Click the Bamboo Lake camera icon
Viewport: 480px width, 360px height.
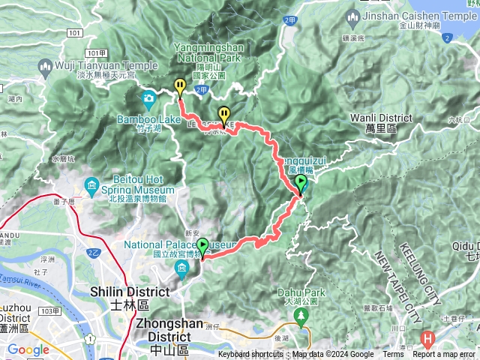coord(148,98)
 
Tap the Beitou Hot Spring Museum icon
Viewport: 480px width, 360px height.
coord(92,184)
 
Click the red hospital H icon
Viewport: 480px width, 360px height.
coord(427,338)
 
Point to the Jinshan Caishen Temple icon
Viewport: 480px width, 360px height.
coord(354,16)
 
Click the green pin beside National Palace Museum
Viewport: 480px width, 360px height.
coord(202,247)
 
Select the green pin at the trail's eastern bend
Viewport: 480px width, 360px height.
coord(301,184)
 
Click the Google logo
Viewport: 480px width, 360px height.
coord(28,349)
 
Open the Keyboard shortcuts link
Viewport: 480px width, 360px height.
coord(250,355)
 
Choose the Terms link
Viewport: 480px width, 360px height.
coord(393,355)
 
